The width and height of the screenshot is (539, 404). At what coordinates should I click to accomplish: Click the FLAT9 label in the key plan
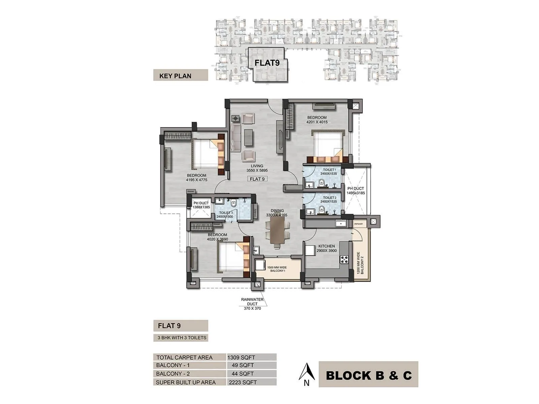[x=266, y=63]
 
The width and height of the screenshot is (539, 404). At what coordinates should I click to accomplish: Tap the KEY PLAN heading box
[x=180, y=75]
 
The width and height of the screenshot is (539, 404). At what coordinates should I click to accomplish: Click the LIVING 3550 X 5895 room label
[x=257, y=168]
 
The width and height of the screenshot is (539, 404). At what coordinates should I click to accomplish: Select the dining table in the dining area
[x=277, y=231]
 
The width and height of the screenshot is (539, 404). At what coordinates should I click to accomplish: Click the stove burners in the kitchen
[x=345, y=259]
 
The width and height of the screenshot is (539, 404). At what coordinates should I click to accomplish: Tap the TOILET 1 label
[x=329, y=172]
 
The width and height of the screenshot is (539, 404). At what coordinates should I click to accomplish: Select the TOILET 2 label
[x=329, y=200]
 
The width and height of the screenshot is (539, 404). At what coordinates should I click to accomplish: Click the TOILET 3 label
[x=225, y=215]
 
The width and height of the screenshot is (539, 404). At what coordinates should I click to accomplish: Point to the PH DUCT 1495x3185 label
[x=356, y=191]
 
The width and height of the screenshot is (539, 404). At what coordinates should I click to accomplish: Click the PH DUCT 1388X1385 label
[x=201, y=205]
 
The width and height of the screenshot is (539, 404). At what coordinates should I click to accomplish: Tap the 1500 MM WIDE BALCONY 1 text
[x=277, y=269]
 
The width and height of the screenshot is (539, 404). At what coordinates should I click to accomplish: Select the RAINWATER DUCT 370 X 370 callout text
[x=252, y=304]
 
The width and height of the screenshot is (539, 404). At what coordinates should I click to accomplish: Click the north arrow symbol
[x=307, y=373]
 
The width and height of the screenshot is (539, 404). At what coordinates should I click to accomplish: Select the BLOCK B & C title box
[x=368, y=375]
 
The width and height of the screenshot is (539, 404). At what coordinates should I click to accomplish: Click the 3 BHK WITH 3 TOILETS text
[x=181, y=338]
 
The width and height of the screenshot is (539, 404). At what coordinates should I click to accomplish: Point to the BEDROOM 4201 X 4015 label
[x=317, y=120]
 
